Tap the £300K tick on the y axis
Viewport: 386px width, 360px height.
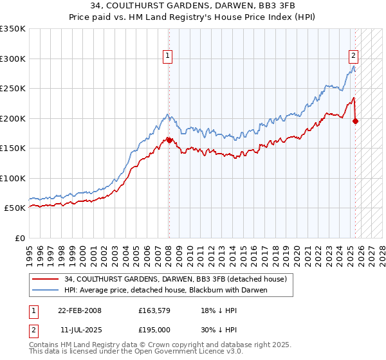(13, 59)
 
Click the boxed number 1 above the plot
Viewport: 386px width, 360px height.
(167, 56)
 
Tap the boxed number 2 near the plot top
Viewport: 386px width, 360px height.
(353, 56)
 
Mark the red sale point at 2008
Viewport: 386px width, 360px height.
(169, 140)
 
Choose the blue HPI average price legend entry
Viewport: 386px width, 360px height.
(161, 290)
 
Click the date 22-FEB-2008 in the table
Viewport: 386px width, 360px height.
(80, 310)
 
